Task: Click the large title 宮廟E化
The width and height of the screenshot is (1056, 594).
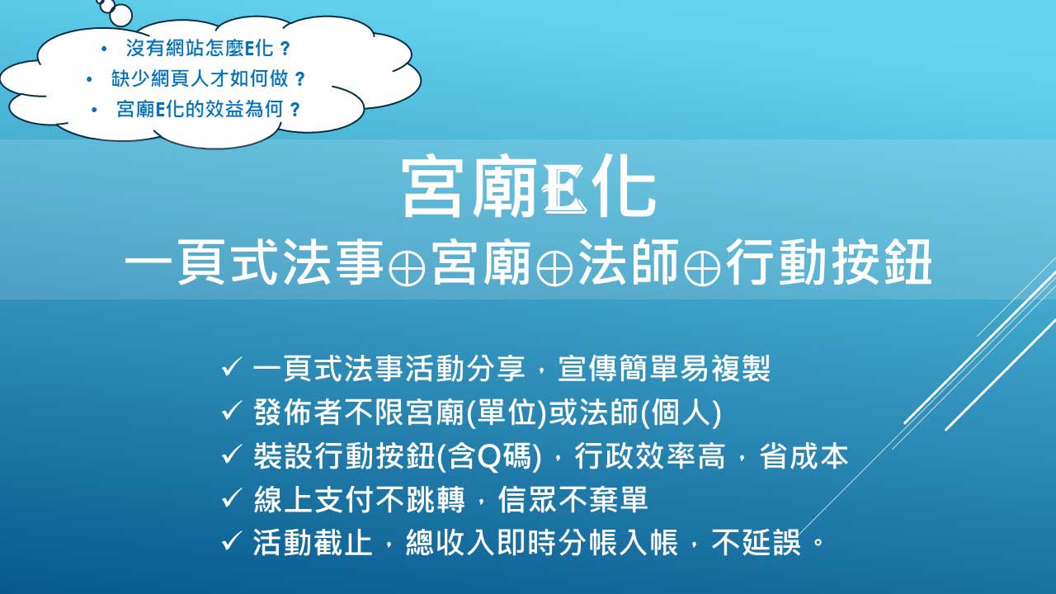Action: tap(529, 186)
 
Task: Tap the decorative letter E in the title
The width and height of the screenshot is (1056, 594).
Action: tap(563, 188)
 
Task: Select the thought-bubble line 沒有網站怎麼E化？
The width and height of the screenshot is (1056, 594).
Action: tap(208, 48)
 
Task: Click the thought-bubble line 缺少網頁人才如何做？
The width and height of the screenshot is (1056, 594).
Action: tap(208, 78)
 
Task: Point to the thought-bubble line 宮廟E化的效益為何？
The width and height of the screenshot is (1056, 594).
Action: tap(208, 110)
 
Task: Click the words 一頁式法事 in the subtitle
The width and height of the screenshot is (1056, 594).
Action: tap(254, 262)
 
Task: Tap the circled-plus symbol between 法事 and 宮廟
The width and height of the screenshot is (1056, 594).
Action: tap(408, 268)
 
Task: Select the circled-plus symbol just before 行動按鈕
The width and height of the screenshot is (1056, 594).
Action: tap(702, 268)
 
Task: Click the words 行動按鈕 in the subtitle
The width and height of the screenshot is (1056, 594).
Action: tap(829, 262)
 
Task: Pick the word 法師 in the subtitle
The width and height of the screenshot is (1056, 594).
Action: tap(629, 262)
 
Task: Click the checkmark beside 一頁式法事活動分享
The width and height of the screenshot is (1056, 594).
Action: tap(232, 367)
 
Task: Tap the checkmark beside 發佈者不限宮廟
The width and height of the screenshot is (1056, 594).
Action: tap(232, 411)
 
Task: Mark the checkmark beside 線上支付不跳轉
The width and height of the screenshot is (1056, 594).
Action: tap(232, 498)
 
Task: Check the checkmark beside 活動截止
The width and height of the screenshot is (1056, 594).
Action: tap(232, 540)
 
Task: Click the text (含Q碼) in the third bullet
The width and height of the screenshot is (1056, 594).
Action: tap(489, 457)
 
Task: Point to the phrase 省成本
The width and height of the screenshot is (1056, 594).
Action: tap(804, 456)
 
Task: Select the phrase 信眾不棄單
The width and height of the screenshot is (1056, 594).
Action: tap(573, 499)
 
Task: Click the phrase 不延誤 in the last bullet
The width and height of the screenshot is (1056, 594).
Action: tap(756, 542)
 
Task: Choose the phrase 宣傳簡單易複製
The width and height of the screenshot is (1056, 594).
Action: tap(664, 368)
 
